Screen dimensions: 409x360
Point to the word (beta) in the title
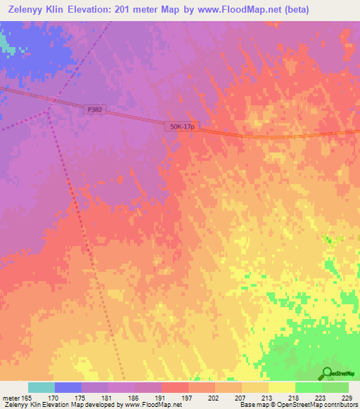(292, 9)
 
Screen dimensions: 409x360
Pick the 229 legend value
(346, 397)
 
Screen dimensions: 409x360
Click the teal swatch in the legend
(41, 387)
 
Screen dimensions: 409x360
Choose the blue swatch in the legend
(68, 387)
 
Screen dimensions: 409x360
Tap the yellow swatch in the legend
(282, 387)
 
